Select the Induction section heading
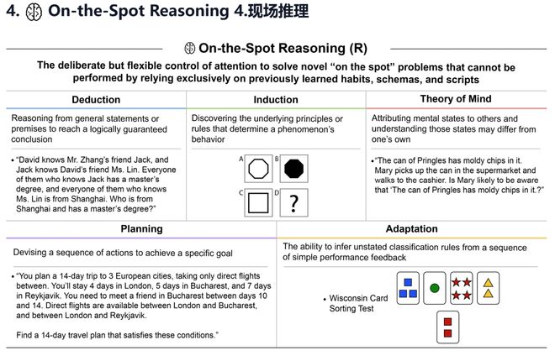pyautogui.click(x=275, y=100)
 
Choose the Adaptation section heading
pyautogui.click(x=411, y=228)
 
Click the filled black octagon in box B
pyautogui.click(x=293, y=169)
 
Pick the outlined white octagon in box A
pyautogui.click(x=256, y=169)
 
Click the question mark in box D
pyautogui.click(x=293, y=204)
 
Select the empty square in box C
pyautogui.click(x=256, y=204)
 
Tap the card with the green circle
pyautogui.click(x=434, y=288)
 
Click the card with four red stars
pyautogui.click(x=461, y=288)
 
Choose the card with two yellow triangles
pyautogui.click(x=488, y=288)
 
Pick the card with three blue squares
pyautogui.click(x=407, y=288)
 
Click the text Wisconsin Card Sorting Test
pyautogui.click(x=360, y=303)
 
